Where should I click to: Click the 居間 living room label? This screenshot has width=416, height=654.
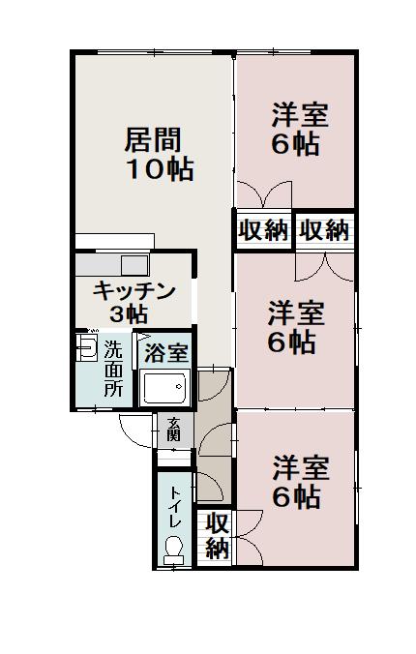point(154,140)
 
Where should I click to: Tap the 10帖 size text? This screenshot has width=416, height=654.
point(160,170)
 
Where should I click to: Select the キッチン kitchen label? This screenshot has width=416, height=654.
point(134,289)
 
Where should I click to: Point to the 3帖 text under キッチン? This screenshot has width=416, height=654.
point(129,313)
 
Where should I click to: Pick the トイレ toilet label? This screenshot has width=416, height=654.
point(175,508)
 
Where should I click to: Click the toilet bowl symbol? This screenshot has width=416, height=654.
point(174,550)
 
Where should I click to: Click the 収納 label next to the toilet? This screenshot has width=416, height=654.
point(218,536)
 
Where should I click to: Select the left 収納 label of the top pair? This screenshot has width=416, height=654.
point(263,230)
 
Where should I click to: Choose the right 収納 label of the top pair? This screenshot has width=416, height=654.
point(323,230)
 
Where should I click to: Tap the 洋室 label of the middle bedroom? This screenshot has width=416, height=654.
point(296,313)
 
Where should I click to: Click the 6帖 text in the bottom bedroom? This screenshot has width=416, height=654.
point(296,498)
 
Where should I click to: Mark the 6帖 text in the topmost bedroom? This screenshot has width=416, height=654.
point(296,145)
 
